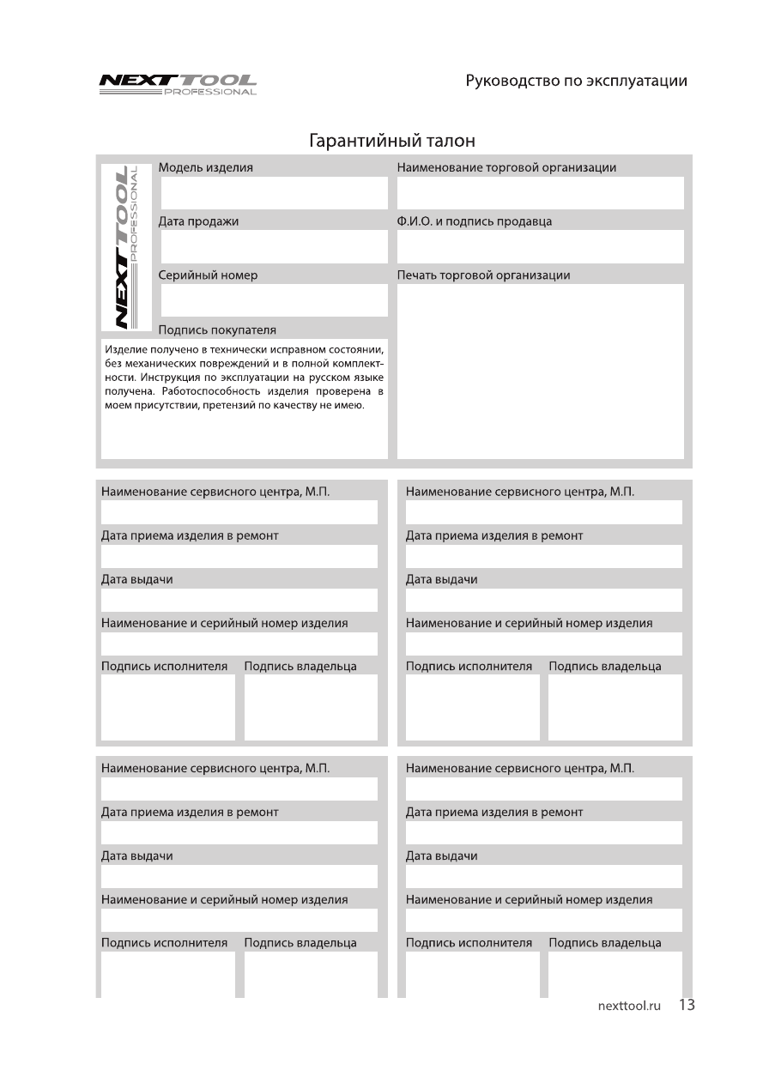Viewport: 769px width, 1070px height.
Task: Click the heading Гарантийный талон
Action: [x=391, y=139]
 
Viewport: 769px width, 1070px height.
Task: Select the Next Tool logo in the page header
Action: [x=178, y=84]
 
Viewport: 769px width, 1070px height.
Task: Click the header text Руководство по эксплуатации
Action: [x=576, y=81]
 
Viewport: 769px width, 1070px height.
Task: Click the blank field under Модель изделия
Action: [x=274, y=193]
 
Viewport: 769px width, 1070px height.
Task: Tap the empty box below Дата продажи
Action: [x=274, y=247]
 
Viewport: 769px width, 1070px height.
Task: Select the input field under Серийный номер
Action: [x=274, y=300]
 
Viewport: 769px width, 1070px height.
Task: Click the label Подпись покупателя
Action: [x=217, y=330]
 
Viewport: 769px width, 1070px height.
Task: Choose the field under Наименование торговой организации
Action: [x=540, y=193]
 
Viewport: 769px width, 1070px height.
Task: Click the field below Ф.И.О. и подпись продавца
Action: [x=540, y=247]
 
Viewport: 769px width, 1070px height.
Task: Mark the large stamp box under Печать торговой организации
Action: [x=540, y=371]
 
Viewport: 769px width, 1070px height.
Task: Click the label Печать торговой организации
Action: [x=483, y=275]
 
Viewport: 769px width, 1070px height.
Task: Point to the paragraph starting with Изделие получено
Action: [x=244, y=378]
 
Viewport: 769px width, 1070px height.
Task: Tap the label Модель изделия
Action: [x=206, y=167]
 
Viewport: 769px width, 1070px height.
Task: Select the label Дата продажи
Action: [x=199, y=221]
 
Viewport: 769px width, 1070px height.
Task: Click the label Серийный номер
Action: [x=208, y=275]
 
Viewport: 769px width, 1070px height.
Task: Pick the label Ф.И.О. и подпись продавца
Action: [x=475, y=221]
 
